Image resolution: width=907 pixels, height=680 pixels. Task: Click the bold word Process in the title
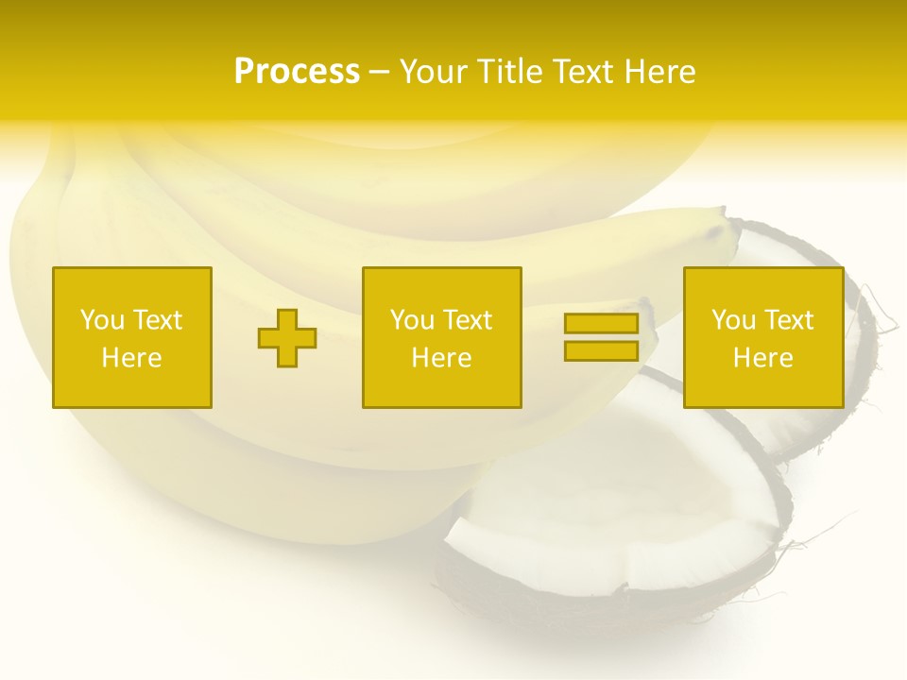(x=297, y=72)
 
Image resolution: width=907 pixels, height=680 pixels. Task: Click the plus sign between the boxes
(x=287, y=338)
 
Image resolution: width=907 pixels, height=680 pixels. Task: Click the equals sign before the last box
(x=601, y=337)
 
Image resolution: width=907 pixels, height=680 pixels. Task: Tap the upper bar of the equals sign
(x=601, y=324)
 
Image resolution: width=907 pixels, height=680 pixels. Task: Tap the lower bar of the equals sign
(x=601, y=350)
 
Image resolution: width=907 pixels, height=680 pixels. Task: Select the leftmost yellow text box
(x=132, y=337)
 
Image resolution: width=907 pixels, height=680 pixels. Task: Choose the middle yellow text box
(x=441, y=337)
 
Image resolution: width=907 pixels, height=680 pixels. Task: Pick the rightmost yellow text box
(x=763, y=337)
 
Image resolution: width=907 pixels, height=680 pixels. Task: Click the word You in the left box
(x=102, y=320)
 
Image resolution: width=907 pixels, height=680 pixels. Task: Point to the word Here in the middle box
(x=441, y=358)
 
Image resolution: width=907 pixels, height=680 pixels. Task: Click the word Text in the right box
(x=788, y=320)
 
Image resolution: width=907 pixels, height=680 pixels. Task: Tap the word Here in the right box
(x=763, y=358)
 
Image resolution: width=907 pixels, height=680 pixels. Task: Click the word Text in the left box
(x=157, y=320)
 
